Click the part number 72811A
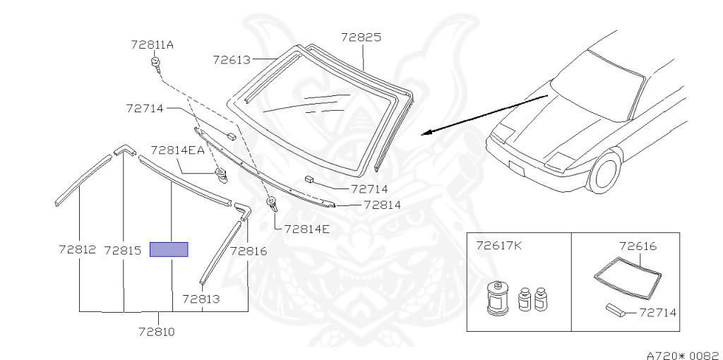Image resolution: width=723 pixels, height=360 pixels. click(x=152, y=44)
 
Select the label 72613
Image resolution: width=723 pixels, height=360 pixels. click(x=232, y=60)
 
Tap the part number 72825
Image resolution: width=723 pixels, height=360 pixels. click(x=361, y=37)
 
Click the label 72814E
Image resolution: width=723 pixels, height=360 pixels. click(x=306, y=228)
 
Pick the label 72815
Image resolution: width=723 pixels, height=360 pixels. click(x=123, y=250)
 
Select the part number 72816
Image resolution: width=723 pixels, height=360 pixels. click(x=249, y=250)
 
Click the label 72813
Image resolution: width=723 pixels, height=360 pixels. click(x=201, y=299)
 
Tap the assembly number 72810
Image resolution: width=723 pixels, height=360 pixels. click(x=157, y=330)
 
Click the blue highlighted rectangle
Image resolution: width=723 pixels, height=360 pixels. click(x=169, y=249)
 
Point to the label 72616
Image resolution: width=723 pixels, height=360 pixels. click(x=638, y=246)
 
